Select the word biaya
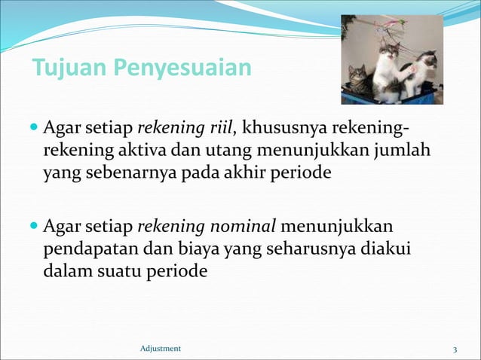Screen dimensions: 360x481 pos(206,249)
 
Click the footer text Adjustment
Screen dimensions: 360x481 pos(161,348)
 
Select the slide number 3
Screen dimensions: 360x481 pos(455,349)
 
